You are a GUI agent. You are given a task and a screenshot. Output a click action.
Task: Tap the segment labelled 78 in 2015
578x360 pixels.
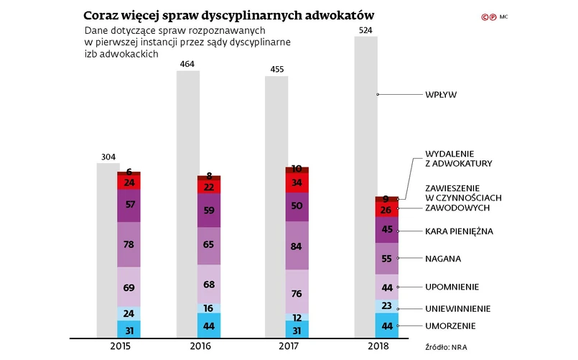point(129,244)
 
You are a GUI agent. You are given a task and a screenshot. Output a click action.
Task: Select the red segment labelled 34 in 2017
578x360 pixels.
point(297,183)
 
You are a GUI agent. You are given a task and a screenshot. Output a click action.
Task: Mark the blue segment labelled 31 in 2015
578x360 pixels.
point(129,330)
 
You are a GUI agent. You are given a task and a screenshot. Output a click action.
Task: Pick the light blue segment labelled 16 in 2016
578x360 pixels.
point(210,308)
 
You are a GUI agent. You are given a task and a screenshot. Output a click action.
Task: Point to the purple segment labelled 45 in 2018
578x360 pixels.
point(387,230)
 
